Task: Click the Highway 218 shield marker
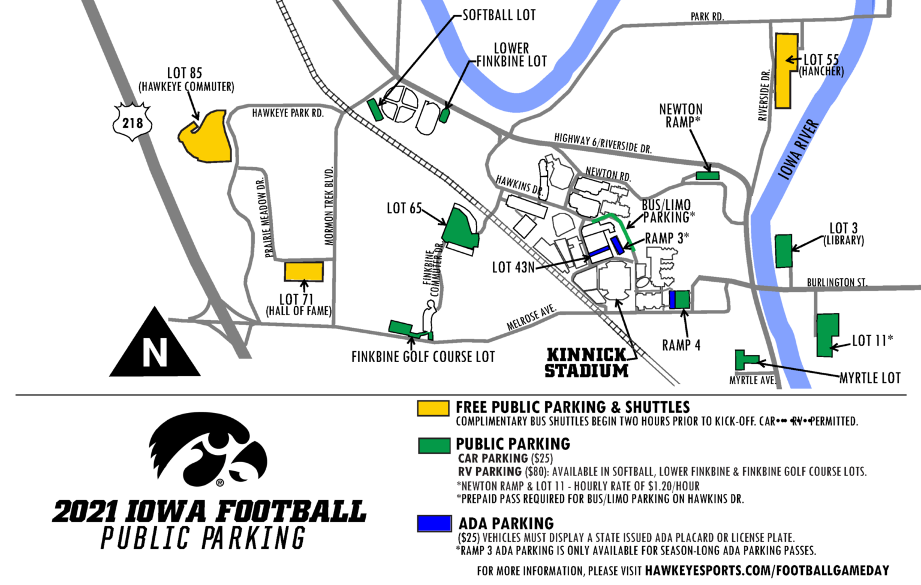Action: [x=133, y=122]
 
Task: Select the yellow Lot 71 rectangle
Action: [x=303, y=271]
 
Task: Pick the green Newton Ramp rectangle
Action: [x=707, y=176]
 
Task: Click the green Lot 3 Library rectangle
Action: [x=783, y=251]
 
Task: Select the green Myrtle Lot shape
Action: [x=744, y=360]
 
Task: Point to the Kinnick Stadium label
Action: [x=586, y=363]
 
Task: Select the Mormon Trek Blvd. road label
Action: [x=329, y=206]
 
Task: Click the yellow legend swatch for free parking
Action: [x=433, y=408]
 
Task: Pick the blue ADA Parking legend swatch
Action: [x=434, y=523]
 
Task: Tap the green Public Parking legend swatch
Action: [x=434, y=445]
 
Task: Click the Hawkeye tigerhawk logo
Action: [x=208, y=450]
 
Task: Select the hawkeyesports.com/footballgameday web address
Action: [x=767, y=571]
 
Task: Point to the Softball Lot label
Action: [x=499, y=15]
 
